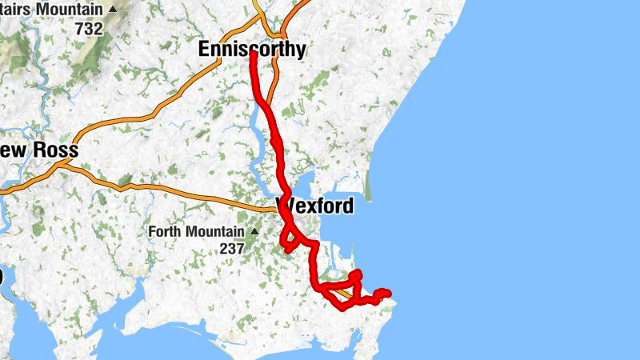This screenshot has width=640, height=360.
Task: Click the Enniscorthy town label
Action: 251,50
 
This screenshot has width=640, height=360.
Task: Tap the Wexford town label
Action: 315,206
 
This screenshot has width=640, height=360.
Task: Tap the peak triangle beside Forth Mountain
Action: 254,232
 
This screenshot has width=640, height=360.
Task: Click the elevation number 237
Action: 232,249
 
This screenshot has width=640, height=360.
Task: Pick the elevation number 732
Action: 89,28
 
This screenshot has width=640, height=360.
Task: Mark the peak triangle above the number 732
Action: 112,10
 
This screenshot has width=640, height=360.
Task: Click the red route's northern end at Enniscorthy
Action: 253,54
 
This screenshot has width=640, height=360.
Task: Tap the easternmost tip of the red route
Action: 388,293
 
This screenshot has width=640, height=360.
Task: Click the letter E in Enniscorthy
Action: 204,50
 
